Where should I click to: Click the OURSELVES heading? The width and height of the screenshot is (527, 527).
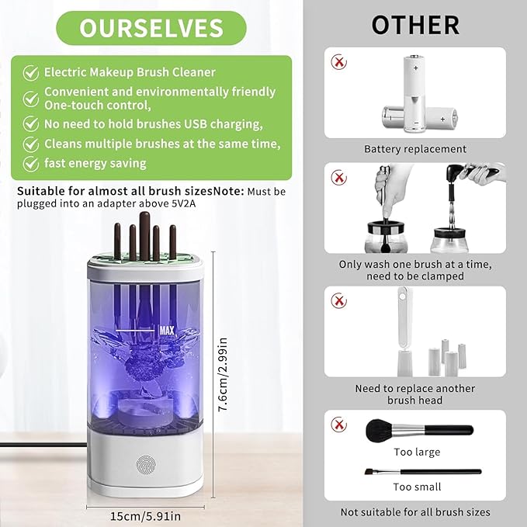click(151, 28)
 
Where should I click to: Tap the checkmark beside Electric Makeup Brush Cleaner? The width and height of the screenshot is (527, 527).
click(31, 72)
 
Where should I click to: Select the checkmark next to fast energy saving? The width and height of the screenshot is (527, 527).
click(31, 164)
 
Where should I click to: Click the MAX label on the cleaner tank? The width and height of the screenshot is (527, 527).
click(166, 330)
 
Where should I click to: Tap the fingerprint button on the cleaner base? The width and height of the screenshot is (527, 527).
click(146, 464)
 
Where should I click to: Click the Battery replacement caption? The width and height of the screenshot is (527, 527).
click(415, 148)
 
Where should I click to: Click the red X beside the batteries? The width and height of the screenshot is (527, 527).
click(338, 61)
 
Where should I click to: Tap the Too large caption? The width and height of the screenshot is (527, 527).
click(416, 452)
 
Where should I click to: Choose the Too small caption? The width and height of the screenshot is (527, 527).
click(416, 487)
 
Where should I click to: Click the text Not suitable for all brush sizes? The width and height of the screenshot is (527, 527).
click(415, 512)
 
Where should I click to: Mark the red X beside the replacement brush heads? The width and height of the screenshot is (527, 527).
click(338, 300)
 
